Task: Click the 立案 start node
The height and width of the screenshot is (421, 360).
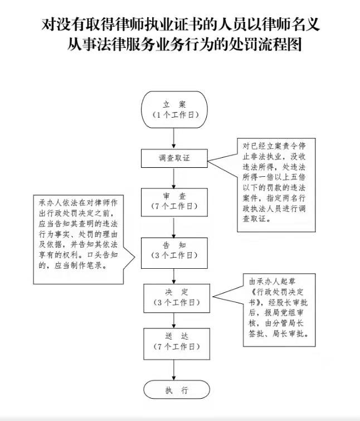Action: pos(174,109)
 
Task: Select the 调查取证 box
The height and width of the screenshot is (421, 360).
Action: pos(174,158)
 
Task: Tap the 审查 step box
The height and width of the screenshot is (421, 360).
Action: pos(174,202)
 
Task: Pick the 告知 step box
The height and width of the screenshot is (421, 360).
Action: pos(174,253)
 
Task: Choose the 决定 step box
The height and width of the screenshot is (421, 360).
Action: pos(177,298)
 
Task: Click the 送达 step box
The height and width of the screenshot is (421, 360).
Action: pos(177,344)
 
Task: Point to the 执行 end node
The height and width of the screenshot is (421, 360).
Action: pos(177,390)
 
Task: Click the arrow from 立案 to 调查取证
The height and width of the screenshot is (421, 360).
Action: pos(174,138)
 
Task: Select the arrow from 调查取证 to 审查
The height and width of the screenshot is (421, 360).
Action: pos(174,178)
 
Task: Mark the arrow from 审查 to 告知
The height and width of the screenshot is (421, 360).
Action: pos(174,227)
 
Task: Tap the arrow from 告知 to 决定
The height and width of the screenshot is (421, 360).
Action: pos(174,276)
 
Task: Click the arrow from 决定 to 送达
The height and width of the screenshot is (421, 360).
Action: pos(174,321)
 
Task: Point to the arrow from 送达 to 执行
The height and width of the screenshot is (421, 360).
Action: pos(174,370)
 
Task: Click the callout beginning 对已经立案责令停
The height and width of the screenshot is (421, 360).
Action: pos(276,185)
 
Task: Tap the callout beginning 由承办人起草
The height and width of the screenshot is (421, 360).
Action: pos(279,310)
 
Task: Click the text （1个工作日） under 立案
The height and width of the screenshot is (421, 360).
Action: pos(176,115)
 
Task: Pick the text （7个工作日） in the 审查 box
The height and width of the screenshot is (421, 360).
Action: pos(174,206)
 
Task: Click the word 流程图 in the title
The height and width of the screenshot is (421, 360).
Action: pos(280,44)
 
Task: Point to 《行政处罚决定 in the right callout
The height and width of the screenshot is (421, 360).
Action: pos(276,292)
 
